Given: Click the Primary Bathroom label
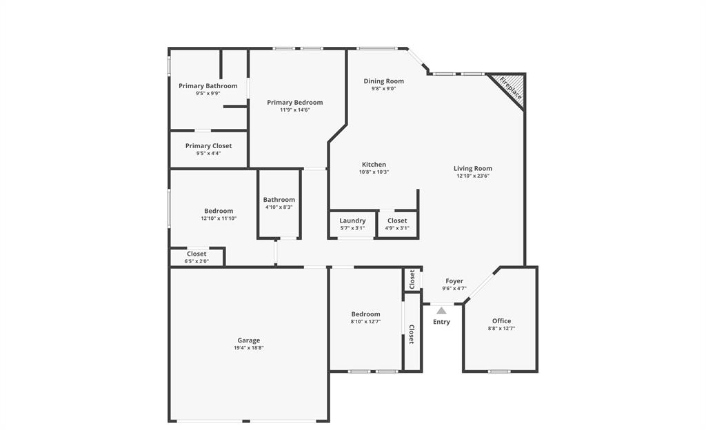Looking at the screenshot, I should pos(208,86).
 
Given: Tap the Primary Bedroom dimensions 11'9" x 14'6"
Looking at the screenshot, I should pos(294,110).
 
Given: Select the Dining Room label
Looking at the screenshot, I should pos(383,81).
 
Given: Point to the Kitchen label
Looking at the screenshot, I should pos(374,165).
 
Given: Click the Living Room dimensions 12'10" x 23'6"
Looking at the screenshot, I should pos(472,176).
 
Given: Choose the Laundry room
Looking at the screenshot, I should pos(352,224).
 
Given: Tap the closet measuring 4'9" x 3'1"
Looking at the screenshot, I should pos(396,224).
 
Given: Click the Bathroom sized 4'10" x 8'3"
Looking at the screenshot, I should pos(279,203).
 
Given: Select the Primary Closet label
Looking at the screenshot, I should pos(208,146).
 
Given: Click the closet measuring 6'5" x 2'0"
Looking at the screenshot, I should pos(196,257).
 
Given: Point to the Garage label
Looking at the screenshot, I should pos(249,340).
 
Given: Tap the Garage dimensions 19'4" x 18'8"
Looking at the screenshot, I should pos(249,348).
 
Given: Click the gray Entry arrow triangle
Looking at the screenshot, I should pos(441,311).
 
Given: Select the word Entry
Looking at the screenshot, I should pos(441,322).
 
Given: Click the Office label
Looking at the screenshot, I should pos(501,321).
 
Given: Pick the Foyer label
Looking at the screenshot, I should pos(454,281).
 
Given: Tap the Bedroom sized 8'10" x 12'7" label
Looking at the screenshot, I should pos(365,314).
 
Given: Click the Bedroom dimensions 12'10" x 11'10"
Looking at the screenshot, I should pos(219,218).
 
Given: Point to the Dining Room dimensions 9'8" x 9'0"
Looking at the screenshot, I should pos(383,89).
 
